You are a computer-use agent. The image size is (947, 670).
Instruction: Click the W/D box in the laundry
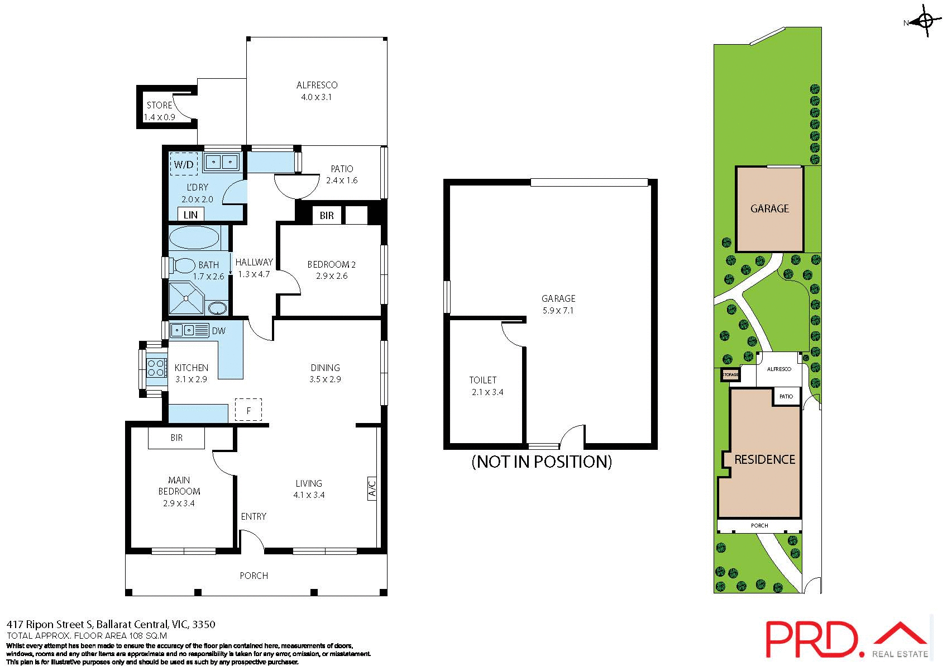(184, 164)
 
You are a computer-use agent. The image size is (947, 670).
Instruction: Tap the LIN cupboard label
(190, 215)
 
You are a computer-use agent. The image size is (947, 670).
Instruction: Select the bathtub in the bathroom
(194, 237)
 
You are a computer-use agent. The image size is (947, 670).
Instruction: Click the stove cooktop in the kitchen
(156, 367)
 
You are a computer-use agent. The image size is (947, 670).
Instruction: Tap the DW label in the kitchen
(219, 331)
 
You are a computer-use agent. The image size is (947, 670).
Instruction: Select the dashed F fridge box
(248, 410)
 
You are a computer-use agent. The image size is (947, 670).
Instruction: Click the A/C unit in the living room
(372, 488)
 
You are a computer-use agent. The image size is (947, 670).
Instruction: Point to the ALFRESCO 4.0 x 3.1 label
(317, 91)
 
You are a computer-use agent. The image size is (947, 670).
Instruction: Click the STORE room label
(160, 105)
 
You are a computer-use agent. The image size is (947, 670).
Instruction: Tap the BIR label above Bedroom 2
(327, 216)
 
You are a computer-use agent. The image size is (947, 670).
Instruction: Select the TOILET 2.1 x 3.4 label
(485, 386)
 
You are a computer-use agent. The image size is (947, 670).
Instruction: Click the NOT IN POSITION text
(542, 462)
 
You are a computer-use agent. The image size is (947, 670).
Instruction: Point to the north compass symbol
(925, 22)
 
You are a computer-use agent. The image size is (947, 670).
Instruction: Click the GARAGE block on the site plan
(769, 208)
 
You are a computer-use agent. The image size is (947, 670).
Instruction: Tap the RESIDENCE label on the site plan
(764, 459)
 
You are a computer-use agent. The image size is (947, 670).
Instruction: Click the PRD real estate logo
(845, 640)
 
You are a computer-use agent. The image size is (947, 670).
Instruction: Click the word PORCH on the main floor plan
(254, 576)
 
